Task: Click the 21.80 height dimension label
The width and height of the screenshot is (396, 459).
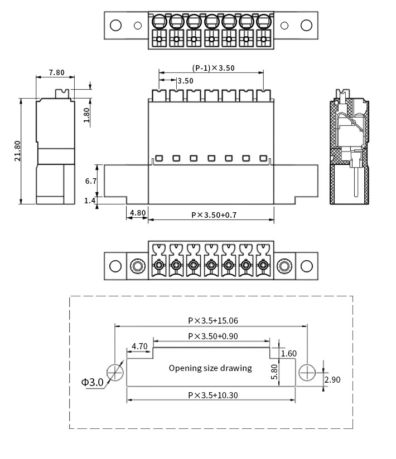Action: coord(18,151)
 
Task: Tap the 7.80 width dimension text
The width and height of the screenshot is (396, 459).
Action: coord(56,72)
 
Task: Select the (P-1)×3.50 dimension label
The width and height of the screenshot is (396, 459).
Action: coord(214,68)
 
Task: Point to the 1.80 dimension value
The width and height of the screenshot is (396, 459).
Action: coord(86,115)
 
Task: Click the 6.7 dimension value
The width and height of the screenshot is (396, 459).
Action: coord(91,181)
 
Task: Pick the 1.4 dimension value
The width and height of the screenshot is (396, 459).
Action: coord(90,201)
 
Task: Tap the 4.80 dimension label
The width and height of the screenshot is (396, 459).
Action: coord(137,212)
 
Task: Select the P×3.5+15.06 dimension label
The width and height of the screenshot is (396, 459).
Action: coord(213,320)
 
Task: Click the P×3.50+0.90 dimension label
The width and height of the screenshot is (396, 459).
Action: coord(213,336)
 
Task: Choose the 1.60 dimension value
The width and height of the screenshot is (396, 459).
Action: coord(289,353)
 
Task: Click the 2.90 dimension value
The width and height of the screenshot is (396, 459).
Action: coord(332,379)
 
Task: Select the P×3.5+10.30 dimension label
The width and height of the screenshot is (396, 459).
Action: coord(213,395)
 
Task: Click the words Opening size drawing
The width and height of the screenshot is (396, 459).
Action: coord(210,368)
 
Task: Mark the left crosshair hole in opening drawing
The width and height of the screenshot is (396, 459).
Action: coord(115,372)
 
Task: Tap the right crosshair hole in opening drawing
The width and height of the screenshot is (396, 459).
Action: coord(307,372)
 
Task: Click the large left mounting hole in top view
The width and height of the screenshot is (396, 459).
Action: coord(115,25)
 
